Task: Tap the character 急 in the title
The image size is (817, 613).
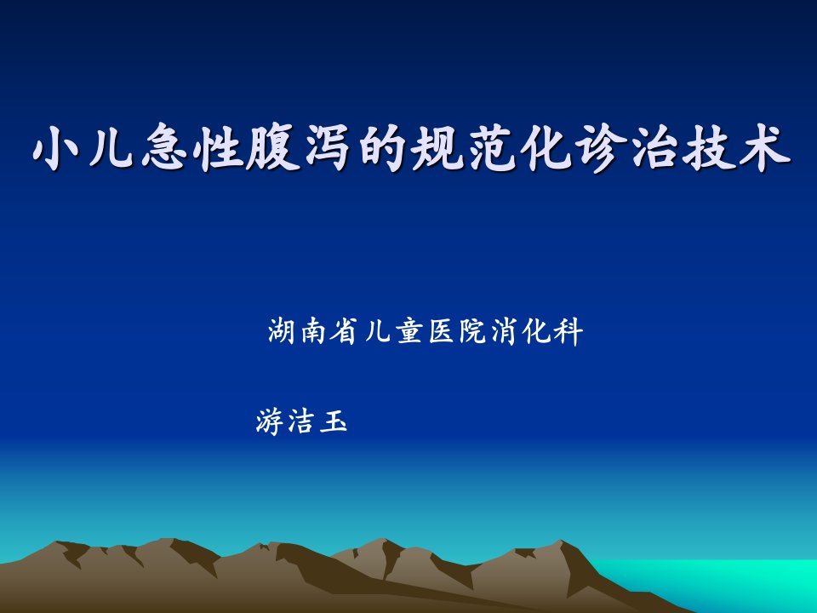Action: point(164,148)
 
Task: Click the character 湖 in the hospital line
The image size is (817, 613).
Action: point(283,330)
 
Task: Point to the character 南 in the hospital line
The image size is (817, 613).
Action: point(314,330)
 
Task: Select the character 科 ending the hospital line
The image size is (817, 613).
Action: point(568,330)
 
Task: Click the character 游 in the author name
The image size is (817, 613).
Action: point(270,421)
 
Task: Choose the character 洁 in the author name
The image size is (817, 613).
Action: point(300,421)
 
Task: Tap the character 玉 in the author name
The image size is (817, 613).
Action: point(333,421)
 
